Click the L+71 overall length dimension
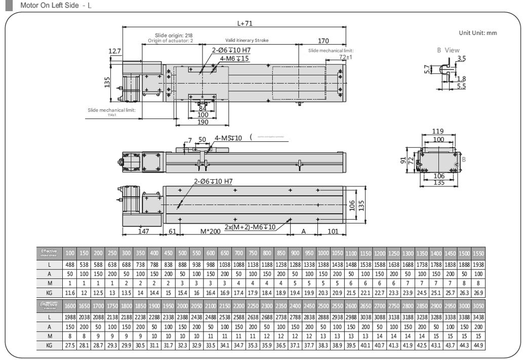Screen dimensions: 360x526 point(245,23)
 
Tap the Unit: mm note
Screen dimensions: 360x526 point(477,33)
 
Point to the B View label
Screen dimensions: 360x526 point(448,50)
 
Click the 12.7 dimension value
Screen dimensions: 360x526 point(115,51)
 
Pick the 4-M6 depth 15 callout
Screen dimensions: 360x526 point(234,59)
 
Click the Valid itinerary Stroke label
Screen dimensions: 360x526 point(247,39)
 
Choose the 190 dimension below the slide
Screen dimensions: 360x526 point(203,122)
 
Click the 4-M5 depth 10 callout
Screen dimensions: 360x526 point(229,138)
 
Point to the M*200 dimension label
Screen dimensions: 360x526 point(211,231)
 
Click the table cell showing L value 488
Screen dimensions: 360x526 point(70,264)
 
